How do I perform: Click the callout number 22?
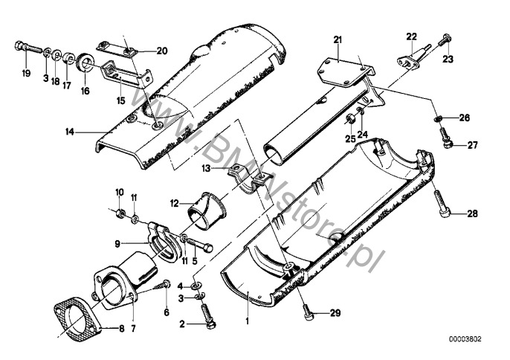pyautogui.click(x=411, y=36)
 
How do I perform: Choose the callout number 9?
pyautogui.click(x=118, y=242)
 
